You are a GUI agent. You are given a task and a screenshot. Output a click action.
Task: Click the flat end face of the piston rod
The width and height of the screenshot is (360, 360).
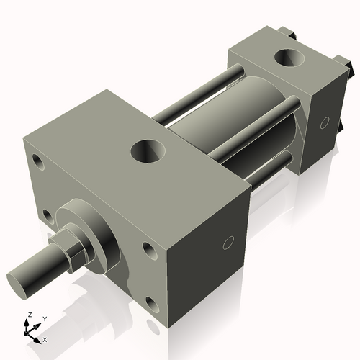[x=19, y=279]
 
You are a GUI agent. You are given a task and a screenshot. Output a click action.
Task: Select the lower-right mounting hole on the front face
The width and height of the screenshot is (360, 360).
[x=150, y=303]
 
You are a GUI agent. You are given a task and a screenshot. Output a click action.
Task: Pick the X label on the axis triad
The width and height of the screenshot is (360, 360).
[x=45, y=338]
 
